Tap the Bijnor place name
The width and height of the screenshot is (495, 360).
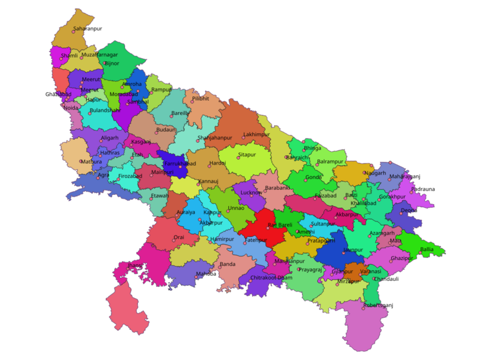point(112,63)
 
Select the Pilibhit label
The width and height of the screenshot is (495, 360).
point(200,98)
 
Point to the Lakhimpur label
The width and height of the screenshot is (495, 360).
point(257,134)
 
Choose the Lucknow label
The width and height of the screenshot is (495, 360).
point(252,193)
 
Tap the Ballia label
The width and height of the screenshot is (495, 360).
point(427,249)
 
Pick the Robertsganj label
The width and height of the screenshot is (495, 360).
point(378,306)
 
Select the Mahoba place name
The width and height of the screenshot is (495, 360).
point(206,273)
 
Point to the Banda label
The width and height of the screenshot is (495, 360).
point(228,265)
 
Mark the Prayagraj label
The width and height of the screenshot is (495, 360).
point(310,270)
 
